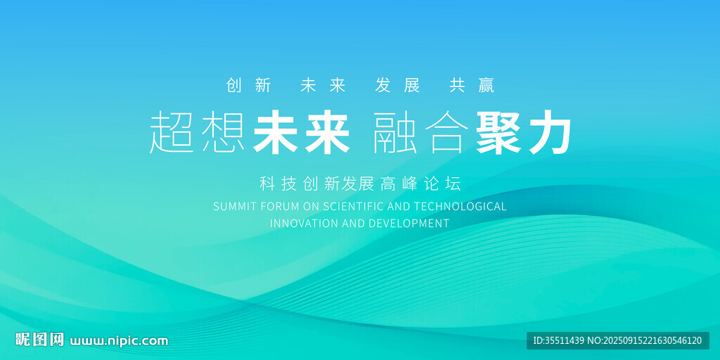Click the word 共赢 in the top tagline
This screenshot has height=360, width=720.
pyautogui.click(x=472, y=86)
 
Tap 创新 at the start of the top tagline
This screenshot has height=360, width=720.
pyautogui.click(x=248, y=86)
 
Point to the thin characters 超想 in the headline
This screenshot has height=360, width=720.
pyautogui.click(x=197, y=133)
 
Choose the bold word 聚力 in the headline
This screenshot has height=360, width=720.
pyautogui.click(x=524, y=133)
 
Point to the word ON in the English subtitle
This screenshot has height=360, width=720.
pyautogui.click(x=311, y=207)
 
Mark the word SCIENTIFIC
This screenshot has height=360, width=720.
pyautogui.click(x=354, y=207)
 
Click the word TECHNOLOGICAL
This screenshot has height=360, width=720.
pyautogui.click(x=461, y=207)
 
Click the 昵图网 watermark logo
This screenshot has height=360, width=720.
pyautogui.click(x=39, y=340)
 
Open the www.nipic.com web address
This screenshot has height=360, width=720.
pyautogui.click(x=119, y=341)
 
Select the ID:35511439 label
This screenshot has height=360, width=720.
pyautogui.click(x=558, y=341)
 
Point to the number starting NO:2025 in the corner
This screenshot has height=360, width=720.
pyautogui.click(x=645, y=341)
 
